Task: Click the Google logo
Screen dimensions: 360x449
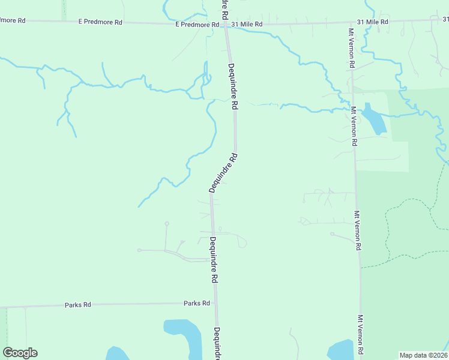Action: click(20, 353)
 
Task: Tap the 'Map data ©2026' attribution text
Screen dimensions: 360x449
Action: click(423, 355)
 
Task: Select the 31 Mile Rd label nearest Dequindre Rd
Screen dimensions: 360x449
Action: click(246, 24)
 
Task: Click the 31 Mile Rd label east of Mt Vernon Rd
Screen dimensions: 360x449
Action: click(372, 22)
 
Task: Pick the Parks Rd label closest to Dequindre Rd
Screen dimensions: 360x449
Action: click(197, 304)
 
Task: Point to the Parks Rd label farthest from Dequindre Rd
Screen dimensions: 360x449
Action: click(78, 305)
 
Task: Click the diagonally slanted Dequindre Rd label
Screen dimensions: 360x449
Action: click(224, 173)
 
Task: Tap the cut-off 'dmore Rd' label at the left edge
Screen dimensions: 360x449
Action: click(13, 20)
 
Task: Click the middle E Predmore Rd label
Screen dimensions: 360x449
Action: click(100, 22)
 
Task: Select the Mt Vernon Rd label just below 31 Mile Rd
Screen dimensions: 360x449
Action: click(352, 48)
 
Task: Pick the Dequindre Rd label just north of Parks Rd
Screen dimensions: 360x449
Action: click(213, 260)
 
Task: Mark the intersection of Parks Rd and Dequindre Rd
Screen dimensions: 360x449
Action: click(215, 304)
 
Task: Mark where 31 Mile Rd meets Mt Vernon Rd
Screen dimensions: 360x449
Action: click(350, 22)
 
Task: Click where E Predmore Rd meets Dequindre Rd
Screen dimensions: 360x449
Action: click(226, 25)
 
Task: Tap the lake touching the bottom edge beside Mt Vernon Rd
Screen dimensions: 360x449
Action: click(339, 350)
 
